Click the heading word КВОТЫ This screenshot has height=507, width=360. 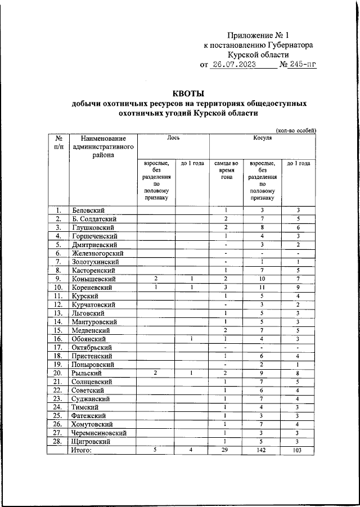pos(189,93)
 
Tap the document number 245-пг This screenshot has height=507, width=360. pos(301,65)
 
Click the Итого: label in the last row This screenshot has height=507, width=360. pos(80,451)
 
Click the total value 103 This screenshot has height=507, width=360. pos(298,451)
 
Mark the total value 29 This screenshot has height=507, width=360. pos(226,451)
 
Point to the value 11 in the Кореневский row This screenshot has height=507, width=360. pos(262,287)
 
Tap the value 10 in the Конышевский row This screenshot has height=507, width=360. pos(262,279)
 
